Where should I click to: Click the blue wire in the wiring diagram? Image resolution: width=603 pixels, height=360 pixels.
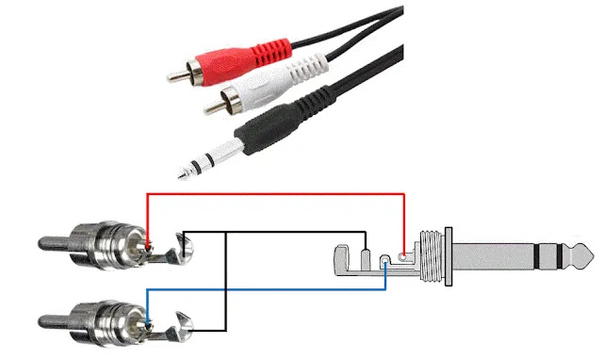coord(283,291)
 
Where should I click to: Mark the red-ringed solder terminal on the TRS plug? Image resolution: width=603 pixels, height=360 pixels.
coord(404,254)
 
